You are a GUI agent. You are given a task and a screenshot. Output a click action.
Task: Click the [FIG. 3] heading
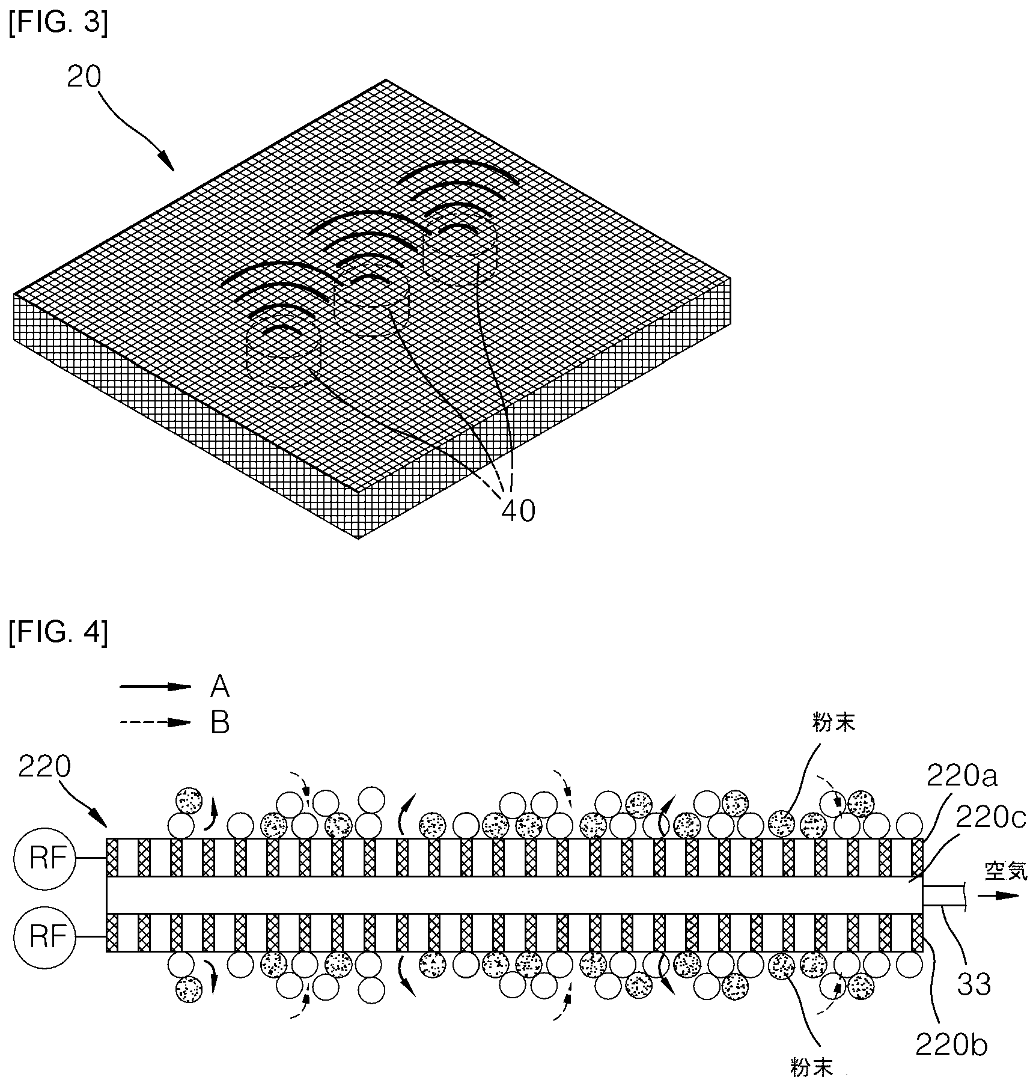coord(58,25)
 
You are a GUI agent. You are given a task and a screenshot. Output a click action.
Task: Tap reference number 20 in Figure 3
coord(84,77)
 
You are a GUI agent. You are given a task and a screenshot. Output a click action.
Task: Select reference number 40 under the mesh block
coord(518,511)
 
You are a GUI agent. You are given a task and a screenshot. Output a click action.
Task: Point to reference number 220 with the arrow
coord(44,767)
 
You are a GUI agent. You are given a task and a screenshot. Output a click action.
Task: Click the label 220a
coord(962,776)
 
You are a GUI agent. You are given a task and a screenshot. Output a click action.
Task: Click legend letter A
coord(219,686)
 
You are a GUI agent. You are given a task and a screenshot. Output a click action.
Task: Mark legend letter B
coord(220,723)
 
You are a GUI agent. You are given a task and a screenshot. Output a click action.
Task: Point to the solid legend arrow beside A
coord(156,686)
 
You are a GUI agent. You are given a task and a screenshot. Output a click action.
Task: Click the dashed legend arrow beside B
coord(156,723)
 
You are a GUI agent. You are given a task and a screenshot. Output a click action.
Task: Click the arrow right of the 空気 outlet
coord(998,895)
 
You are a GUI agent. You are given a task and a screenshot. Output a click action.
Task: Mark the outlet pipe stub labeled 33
coord(944,895)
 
